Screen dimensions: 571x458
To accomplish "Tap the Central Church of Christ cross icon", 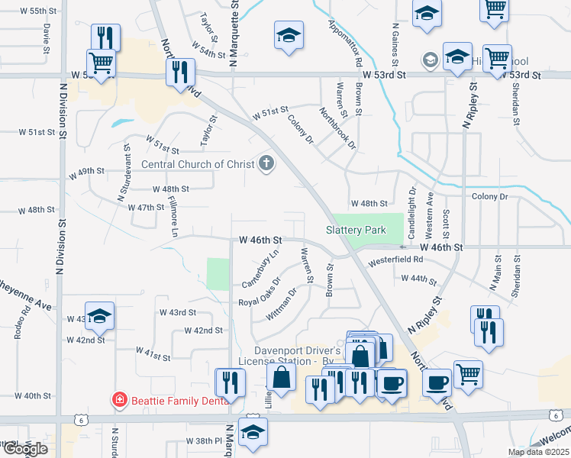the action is [x=266, y=163].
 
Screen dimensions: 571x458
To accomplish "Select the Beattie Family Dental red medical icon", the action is [x=119, y=399].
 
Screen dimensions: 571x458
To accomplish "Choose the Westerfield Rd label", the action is [x=395, y=260].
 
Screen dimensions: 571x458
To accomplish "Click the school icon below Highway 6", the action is [x=253, y=431].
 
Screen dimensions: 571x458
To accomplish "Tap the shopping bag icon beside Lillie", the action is [x=282, y=376].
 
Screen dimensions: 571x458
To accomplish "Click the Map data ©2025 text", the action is [x=537, y=452].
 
